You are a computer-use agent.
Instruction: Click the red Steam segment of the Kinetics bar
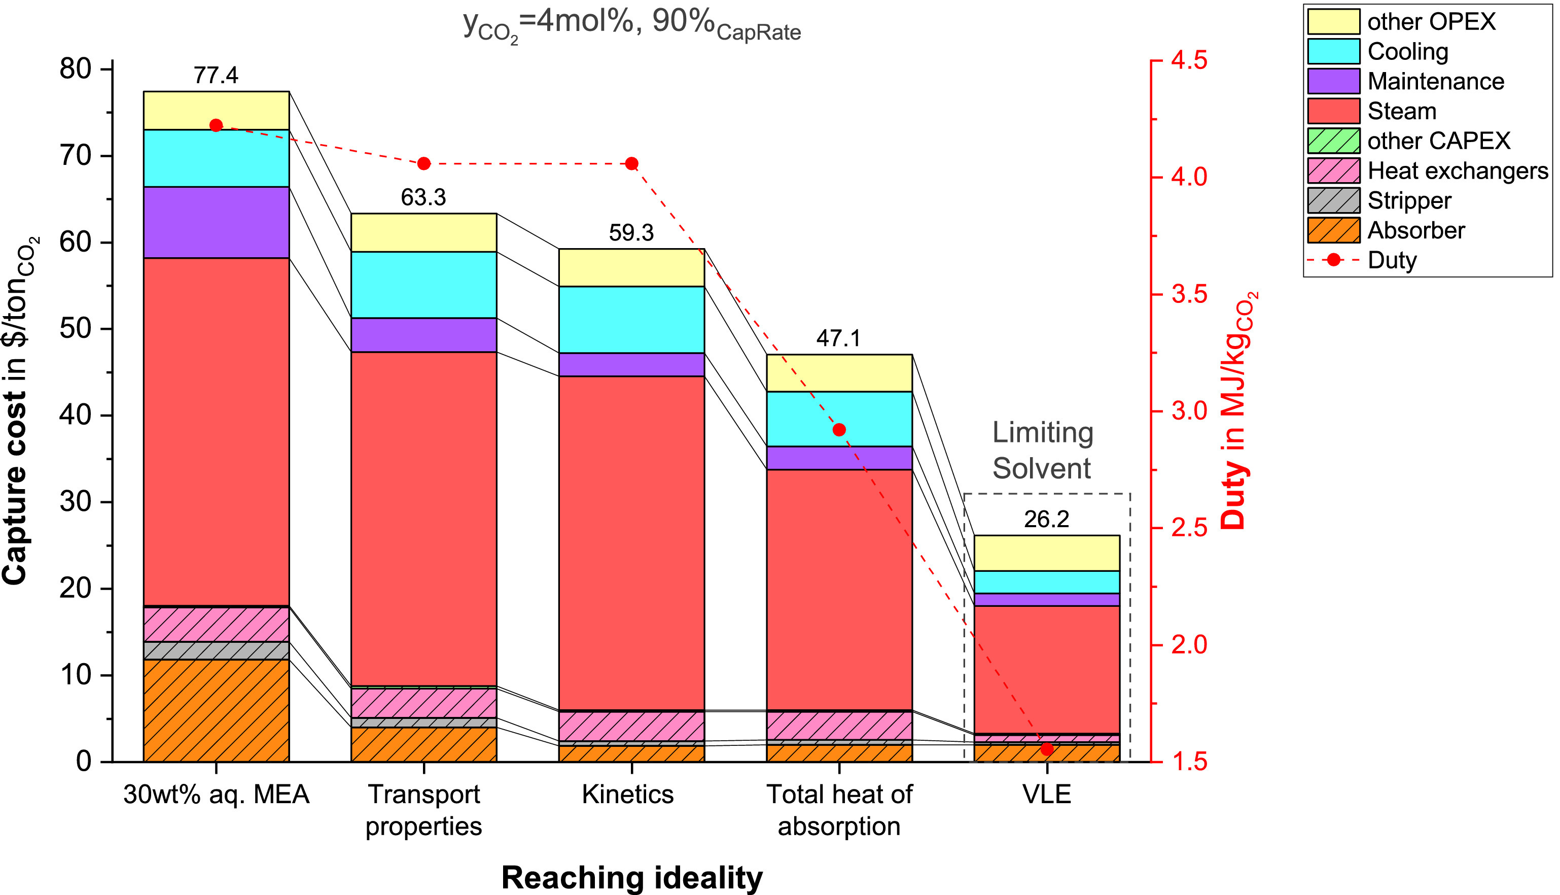(631, 541)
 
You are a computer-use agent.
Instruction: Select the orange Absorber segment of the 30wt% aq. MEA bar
(216, 710)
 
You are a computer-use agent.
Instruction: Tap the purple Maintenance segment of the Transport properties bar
(423, 334)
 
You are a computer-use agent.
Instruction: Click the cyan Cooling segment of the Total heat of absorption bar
(839, 418)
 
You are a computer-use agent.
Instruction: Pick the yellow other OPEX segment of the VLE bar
(1046, 553)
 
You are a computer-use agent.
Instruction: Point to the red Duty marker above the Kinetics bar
(631, 163)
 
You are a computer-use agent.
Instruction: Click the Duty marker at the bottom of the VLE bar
(1047, 749)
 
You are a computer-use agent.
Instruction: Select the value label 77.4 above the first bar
(216, 75)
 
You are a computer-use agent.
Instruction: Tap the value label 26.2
(1046, 520)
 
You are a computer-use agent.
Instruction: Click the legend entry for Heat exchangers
(1458, 170)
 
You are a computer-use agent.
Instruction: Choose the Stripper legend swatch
(1333, 200)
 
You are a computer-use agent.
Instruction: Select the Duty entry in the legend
(1392, 260)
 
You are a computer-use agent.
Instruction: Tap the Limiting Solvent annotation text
(1043, 450)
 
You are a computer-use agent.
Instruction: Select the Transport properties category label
(423, 810)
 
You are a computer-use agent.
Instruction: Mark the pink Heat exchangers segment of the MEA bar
(216, 624)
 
